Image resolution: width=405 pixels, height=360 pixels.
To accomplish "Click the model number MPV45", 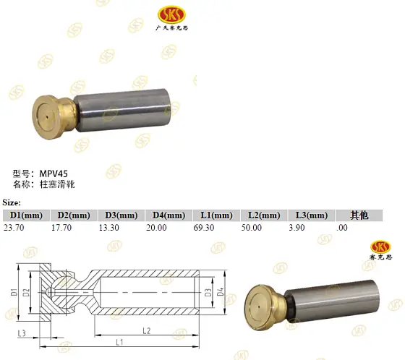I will pos(54,173).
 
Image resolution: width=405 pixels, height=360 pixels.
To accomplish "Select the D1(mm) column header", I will pos(23,215).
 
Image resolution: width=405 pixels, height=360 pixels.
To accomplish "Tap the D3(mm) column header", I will pos(121,215).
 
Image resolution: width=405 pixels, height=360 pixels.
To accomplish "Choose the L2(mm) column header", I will pos(264,215).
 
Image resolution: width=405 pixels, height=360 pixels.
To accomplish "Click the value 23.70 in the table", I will pos(15,228).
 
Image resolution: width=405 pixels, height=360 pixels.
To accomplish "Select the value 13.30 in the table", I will pos(110,228).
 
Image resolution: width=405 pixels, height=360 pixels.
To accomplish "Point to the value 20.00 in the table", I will pos(156,228).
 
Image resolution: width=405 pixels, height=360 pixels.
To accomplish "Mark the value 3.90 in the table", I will pos(297,228).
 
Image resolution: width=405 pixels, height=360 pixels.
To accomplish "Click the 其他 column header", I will pos(359,215).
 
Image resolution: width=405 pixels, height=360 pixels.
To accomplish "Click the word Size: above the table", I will pos(12,202).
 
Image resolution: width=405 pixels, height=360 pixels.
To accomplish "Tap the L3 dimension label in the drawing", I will pos(22,332).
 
